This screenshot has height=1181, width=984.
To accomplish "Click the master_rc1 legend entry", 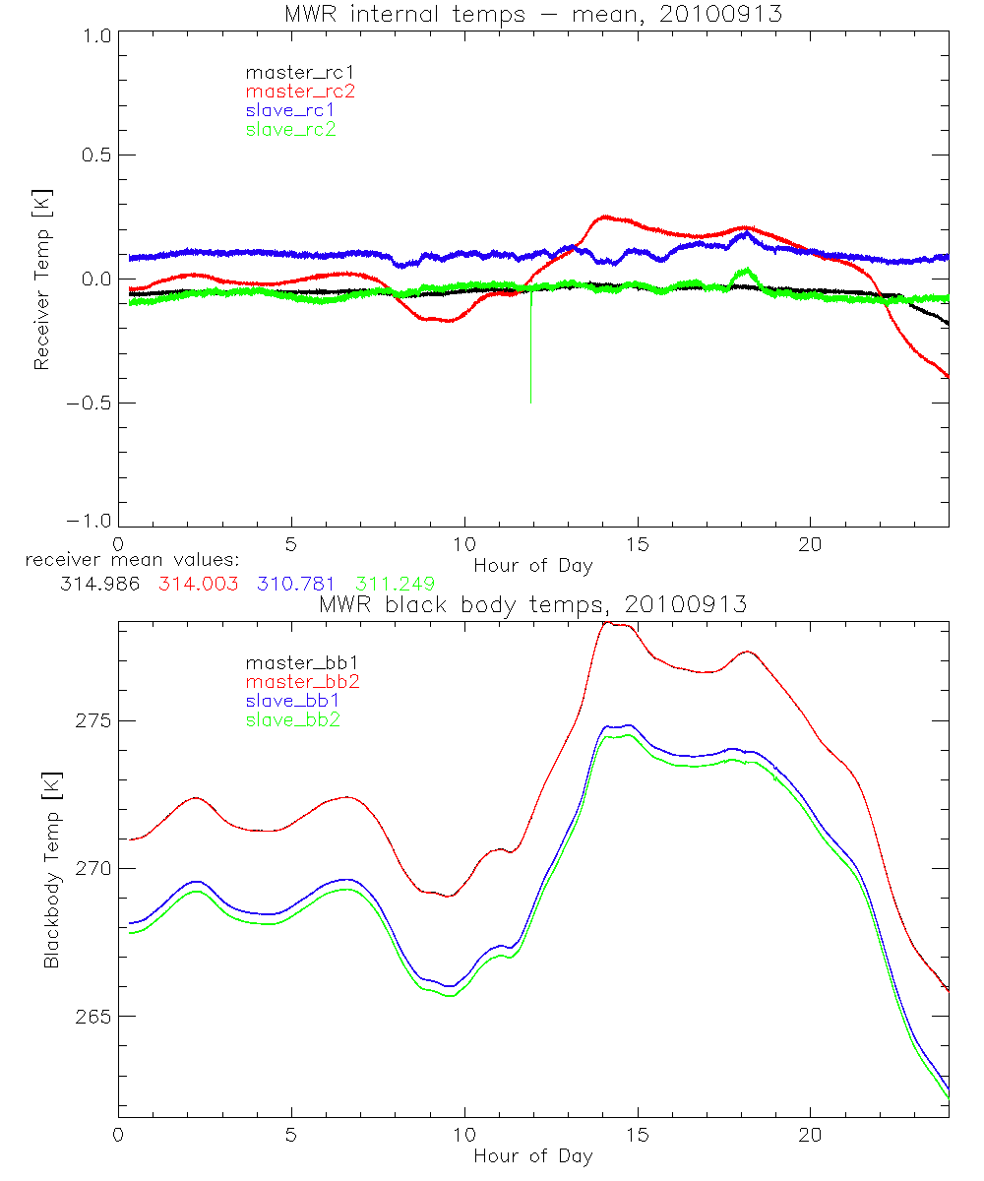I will (x=290, y=72).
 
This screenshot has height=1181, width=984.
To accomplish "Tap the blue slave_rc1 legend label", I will (x=290, y=109).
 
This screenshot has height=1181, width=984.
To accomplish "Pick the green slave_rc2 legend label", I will (x=290, y=129).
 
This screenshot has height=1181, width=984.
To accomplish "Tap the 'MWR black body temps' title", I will (x=532, y=605).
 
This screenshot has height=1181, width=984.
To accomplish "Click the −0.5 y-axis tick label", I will (x=89, y=403).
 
